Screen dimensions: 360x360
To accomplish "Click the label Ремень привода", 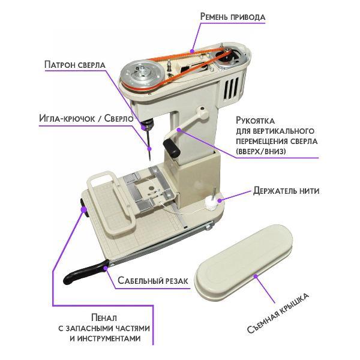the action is pyautogui.click(x=233, y=17).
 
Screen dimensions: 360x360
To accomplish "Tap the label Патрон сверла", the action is pyautogui.click(x=75, y=65).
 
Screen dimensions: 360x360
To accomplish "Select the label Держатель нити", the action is pyautogui.click(x=286, y=191).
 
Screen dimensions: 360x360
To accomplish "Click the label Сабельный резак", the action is pyautogui.click(x=153, y=280).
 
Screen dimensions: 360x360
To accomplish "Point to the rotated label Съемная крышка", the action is pyautogui.click(x=278, y=313).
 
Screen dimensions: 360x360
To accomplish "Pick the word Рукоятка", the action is pyautogui.click(x=255, y=121).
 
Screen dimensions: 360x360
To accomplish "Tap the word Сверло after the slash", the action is pyautogui.click(x=119, y=118).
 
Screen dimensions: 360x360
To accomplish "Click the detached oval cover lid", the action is pyautogui.click(x=244, y=262).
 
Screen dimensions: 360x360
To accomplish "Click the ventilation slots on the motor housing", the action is pyautogui.click(x=231, y=88).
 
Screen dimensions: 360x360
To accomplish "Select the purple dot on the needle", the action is pyautogui.click(x=149, y=149).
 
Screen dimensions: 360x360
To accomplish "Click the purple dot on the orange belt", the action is pyautogui.click(x=193, y=51).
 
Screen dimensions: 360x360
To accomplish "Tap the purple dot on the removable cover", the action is pyautogui.click(x=256, y=276).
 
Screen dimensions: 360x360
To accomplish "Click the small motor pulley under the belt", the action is pyautogui.click(x=225, y=57).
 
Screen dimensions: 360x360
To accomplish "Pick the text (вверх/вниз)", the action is pyautogui.click(x=261, y=151).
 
